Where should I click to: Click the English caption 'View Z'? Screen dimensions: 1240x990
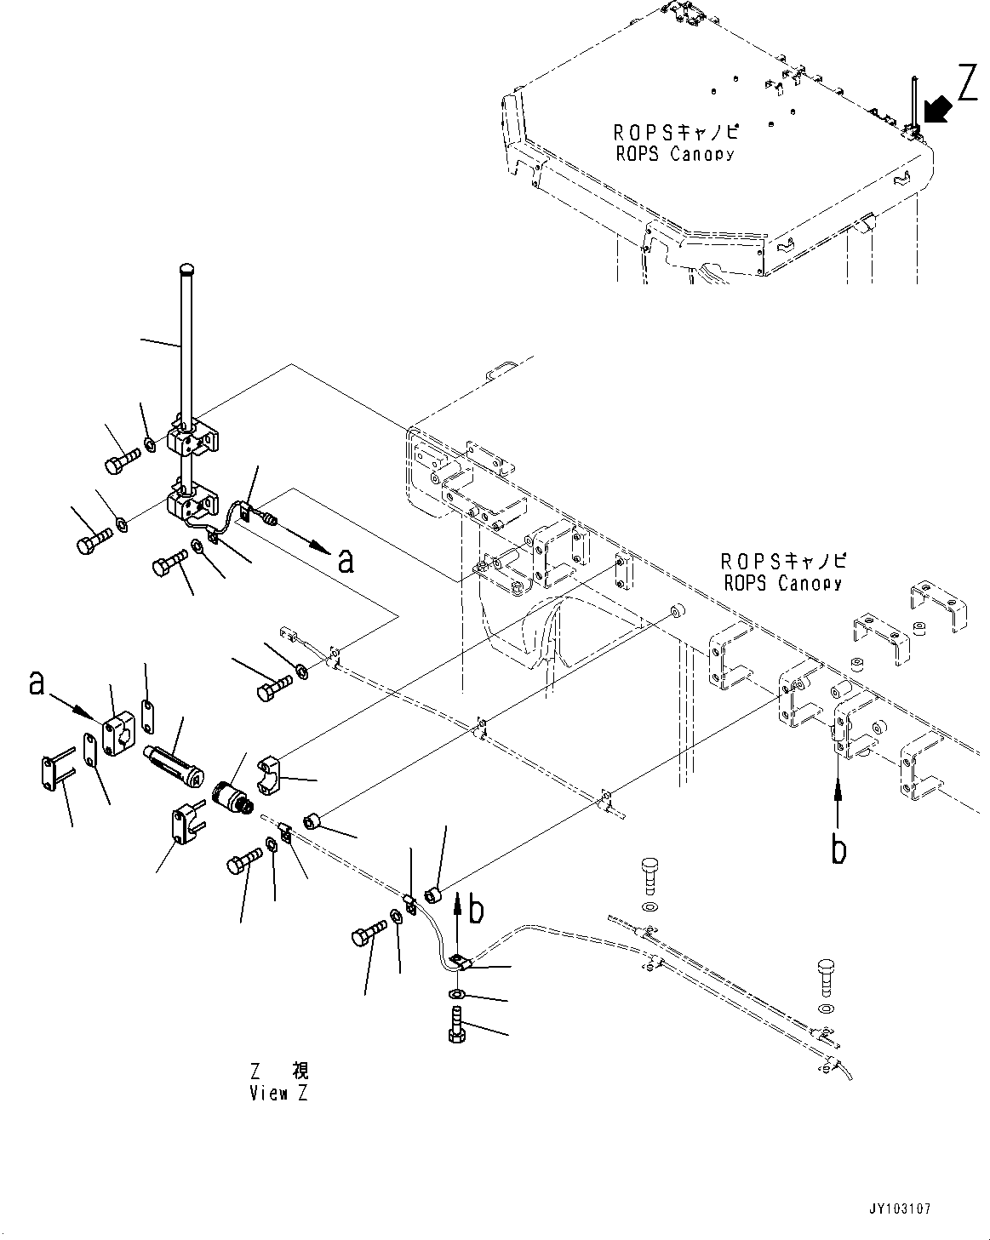point(279,1094)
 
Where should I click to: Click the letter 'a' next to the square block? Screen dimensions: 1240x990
point(37,683)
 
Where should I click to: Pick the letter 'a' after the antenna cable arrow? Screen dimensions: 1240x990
point(345,561)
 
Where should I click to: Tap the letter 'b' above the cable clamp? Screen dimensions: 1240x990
point(477,910)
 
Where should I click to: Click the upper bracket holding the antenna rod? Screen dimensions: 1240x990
point(194,437)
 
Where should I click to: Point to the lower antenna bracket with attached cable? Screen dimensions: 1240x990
point(192,503)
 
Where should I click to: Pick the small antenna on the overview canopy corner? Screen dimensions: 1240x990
point(912,106)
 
